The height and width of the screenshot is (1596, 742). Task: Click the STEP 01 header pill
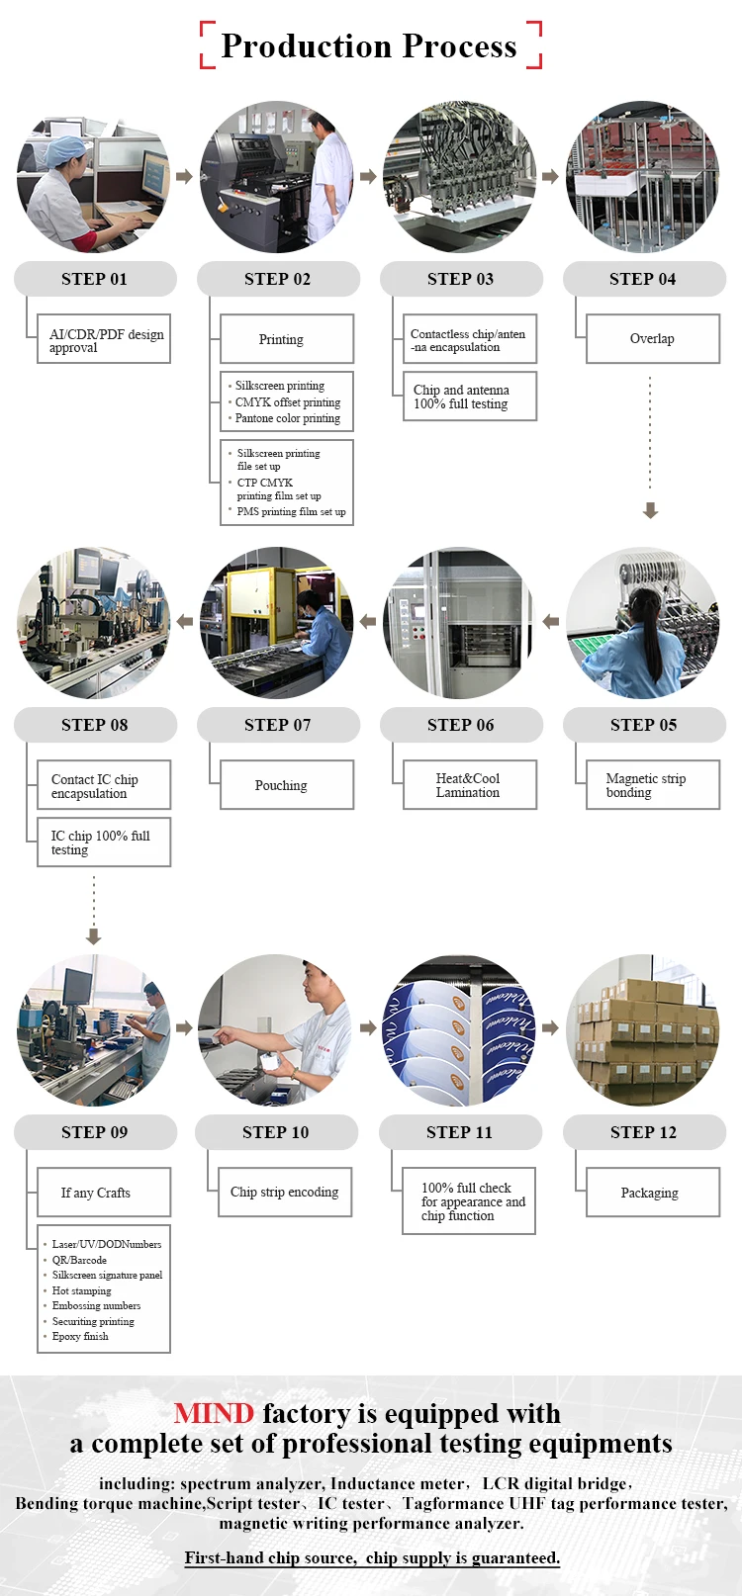point(95,279)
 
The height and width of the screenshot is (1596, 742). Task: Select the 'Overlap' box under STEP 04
point(653,339)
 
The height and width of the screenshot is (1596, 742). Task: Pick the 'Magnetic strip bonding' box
point(653,785)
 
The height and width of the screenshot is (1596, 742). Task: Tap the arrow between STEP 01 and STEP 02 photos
point(184,177)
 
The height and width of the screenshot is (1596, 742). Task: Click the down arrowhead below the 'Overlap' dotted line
point(650,510)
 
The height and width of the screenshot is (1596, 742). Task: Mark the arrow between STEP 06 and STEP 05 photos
point(551,622)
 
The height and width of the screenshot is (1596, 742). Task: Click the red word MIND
point(214,1414)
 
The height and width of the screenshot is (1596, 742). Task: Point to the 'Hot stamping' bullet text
point(82,1290)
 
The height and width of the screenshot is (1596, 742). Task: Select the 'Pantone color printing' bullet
point(288,418)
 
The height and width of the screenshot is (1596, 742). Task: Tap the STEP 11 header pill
point(460,1132)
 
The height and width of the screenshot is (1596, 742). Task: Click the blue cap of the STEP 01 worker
point(68,148)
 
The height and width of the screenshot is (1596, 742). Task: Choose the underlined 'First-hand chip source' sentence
point(372,1557)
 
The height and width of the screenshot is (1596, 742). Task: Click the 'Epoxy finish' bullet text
point(80,1336)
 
